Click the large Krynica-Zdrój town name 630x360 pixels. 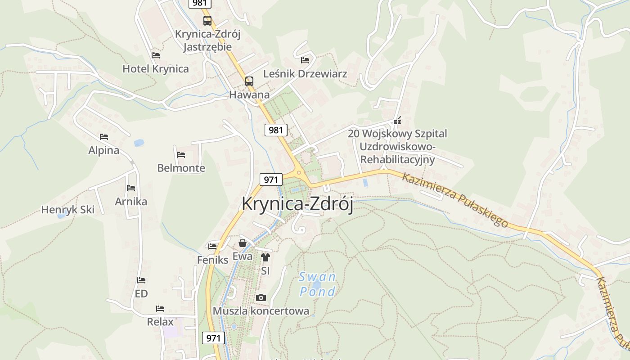(x=297, y=203)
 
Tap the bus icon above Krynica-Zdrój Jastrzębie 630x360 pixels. (x=207, y=20)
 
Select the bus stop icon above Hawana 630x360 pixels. (x=249, y=81)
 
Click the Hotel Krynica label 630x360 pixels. (x=156, y=69)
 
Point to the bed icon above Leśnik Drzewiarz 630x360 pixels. (x=305, y=60)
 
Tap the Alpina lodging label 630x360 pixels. (x=104, y=150)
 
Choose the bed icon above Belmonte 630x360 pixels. (x=181, y=154)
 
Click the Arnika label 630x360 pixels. (x=131, y=201)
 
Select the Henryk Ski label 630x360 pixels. (x=68, y=210)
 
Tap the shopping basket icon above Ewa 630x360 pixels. (x=243, y=243)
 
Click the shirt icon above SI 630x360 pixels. (x=265, y=257)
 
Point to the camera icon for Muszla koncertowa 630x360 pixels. (x=261, y=297)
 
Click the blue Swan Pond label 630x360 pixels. (x=318, y=284)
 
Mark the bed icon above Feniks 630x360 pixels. (x=212, y=246)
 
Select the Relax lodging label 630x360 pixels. (x=160, y=322)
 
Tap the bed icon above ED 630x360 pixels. (x=141, y=280)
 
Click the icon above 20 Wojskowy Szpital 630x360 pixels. (x=397, y=121)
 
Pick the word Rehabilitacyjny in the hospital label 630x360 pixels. (x=398, y=159)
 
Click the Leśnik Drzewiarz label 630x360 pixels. (x=305, y=73)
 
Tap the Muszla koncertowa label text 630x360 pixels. (x=261, y=311)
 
